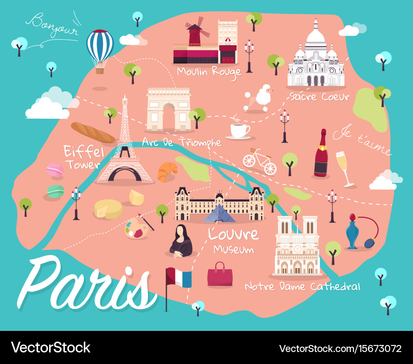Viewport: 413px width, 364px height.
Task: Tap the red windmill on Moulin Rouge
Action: [x=194, y=31]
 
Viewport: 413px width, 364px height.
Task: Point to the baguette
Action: [x=93, y=132]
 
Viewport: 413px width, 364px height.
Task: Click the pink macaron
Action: [x=55, y=170]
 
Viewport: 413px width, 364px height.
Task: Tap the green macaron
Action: [x=55, y=191]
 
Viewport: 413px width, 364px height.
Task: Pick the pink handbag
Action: [x=220, y=274]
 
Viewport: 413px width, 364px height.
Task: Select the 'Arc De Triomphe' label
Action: [x=181, y=143]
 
